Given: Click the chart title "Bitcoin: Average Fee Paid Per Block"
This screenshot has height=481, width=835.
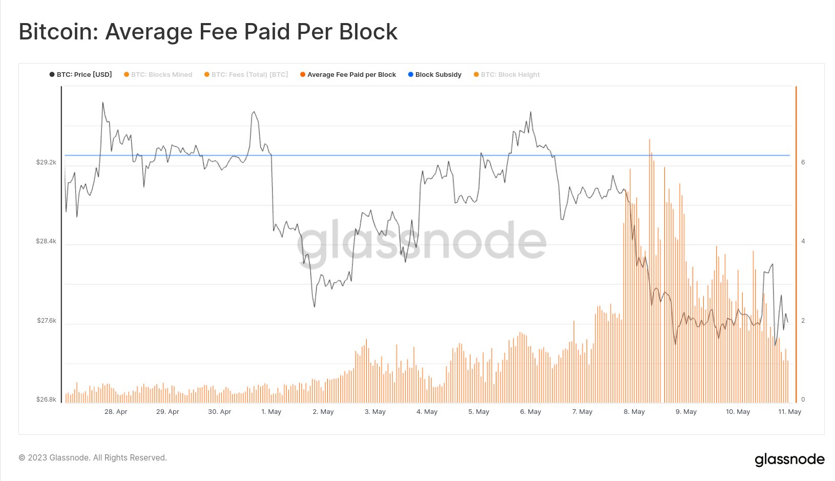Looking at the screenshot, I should pyautogui.click(x=208, y=32).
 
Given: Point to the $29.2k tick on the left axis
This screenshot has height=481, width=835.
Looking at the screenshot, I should pyautogui.click(x=46, y=162).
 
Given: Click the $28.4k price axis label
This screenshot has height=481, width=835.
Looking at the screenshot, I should pyautogui.click(x=46, y=241).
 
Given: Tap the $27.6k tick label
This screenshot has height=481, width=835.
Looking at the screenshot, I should pyautogui.click(x=47, y=321).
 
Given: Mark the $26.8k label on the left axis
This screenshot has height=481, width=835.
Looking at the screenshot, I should pyautogui.click(x=46, y=400).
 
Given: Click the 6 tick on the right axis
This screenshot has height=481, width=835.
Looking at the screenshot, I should pyautogui.click(x=803, y=162).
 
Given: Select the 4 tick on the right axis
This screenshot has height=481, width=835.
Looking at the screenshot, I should pyautogui.click(x=803, y=241).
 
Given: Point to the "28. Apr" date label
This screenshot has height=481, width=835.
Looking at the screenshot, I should pyautogui.click(x=116, y=412).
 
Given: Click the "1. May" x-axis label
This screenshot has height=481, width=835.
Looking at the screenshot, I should pyautogui.click(x=272, y=412).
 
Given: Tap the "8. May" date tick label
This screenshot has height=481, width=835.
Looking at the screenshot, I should pyautogui.click(x=634, y=412).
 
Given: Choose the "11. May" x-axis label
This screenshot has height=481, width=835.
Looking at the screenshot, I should pyautogui.click(x=790, y=412).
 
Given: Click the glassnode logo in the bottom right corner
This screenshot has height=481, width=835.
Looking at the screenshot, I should pyautogui.click(x=789, y=459).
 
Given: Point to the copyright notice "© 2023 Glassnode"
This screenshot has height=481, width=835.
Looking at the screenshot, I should pyautogui.click(x=93, y=458).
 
